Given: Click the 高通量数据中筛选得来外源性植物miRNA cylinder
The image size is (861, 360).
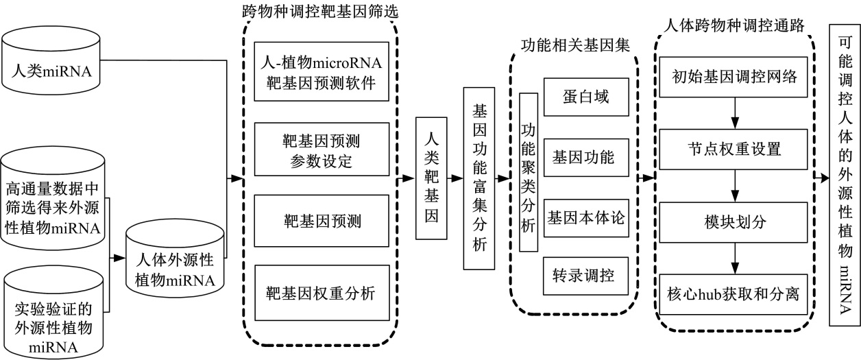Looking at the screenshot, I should [x=55, y=198].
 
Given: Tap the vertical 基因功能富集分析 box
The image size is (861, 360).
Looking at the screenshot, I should [x=478, y=179].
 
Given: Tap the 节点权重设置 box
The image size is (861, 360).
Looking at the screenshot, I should [x=735, y=148].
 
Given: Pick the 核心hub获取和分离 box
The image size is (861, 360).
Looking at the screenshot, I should [x=735, y=296].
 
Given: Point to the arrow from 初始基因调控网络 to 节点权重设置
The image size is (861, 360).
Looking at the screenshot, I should [x=735, y=112].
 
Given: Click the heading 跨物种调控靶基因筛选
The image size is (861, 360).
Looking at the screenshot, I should [x=320, y=11].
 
